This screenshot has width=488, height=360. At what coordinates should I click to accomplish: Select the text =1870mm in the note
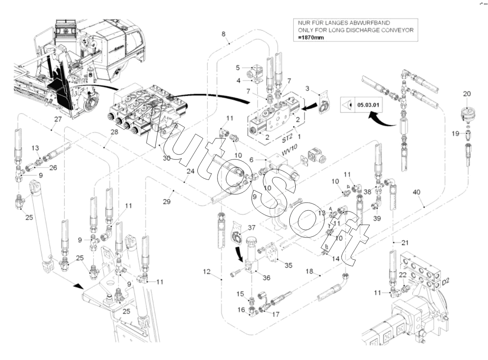click(x=311, y=38)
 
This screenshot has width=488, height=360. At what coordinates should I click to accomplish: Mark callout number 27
click(x=58, y=119)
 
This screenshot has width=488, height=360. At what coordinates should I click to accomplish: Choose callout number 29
click(x=167, y=202)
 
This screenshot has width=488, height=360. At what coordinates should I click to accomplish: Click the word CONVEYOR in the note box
click(x=394, y=30)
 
